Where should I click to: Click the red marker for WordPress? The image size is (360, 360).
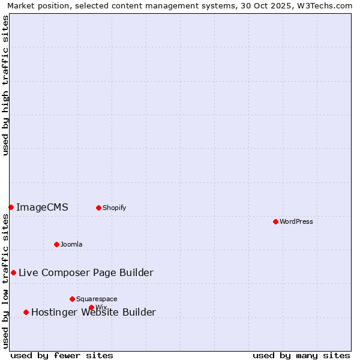(275, 221)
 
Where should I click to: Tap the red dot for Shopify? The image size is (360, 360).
(98, 208)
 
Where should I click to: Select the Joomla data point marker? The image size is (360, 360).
(56, 244)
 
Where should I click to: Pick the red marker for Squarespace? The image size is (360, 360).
(72, 299)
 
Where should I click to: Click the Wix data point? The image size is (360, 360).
(91, 307)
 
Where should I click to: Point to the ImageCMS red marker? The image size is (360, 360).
(11, 207)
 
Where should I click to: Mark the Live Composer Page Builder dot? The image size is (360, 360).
(13, 272)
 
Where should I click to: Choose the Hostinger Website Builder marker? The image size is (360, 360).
(26, 312)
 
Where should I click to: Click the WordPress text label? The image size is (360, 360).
(296, 221)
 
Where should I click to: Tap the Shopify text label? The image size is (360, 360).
(115, 208)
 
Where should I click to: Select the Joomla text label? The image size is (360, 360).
(71, 244)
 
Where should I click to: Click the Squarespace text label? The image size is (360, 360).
(97, 299)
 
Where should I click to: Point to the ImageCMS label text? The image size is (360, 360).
(42, 208)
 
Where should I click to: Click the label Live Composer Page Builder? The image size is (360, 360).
(86, 273)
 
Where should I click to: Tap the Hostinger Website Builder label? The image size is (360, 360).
(94, 313)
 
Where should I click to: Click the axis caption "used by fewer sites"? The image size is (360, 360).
(62, 356)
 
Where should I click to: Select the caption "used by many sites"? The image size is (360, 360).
(301, 356)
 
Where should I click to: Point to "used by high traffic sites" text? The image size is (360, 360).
(6, 85)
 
